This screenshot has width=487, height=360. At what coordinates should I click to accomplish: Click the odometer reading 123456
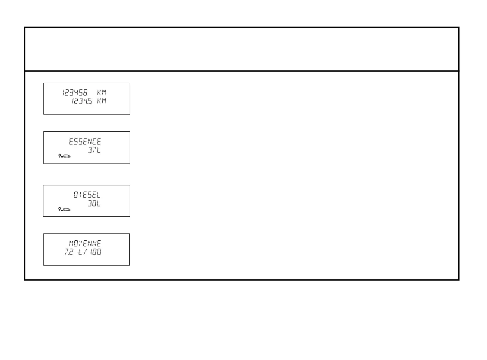[75, 93]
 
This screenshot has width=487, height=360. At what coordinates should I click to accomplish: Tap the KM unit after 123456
[101, 93]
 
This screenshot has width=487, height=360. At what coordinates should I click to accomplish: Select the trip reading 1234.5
[82, 101]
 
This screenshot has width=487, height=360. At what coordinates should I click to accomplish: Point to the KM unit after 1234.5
[101, 101]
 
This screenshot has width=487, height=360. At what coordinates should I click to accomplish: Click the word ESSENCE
[85, 142]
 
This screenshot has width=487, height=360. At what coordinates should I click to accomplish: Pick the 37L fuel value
[94, 150]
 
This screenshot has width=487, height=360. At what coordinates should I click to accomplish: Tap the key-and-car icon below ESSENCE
[64, 157]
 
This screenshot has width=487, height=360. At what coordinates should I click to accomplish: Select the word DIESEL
[87, 195]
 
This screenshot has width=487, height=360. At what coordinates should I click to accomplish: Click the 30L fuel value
[94, 203]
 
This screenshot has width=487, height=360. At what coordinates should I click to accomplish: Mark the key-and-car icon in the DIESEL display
[64, 209]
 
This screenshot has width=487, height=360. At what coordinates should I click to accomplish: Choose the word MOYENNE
[85, 244]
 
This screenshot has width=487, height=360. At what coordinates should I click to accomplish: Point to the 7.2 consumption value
[69, 252]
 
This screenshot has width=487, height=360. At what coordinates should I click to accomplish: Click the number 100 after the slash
[96, 252]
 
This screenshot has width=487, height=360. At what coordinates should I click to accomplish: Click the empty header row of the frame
[242, 49]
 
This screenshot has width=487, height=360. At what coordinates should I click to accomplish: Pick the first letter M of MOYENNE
[72, 244]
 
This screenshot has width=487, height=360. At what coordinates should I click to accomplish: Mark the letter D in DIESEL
[76, 195]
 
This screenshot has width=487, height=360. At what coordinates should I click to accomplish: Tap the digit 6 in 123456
[86, 93]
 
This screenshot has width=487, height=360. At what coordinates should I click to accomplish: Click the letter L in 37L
[98, 150]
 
